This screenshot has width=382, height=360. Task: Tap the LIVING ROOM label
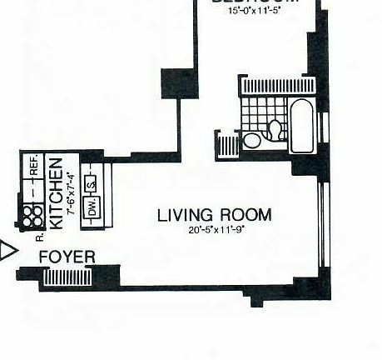214,215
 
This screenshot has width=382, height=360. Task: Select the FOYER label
67,258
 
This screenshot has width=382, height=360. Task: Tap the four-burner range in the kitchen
32,217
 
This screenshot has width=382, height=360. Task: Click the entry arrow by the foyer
7,250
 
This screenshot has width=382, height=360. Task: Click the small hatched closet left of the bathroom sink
228,146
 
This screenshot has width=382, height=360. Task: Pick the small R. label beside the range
39,236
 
